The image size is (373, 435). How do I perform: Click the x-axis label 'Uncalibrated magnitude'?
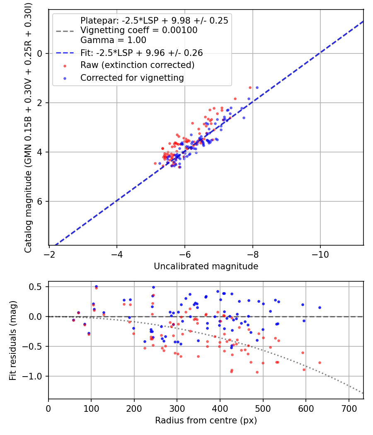click(x=206, y=266)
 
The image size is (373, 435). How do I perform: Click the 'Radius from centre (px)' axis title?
click(x=206, y=420)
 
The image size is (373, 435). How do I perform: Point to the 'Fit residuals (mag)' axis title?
click(x=12, y=341)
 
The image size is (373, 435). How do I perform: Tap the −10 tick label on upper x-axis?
click(x=320, y=254)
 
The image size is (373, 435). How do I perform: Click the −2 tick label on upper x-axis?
click(x=49, y=254)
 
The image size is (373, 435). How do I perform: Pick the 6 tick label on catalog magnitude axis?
click(x=39, y=201)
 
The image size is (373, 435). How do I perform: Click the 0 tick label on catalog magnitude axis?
click(x=39, y=53)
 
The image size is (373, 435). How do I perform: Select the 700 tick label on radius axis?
click(x=349, y=408)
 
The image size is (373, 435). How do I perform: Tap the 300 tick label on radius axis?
click(x=177, y=408)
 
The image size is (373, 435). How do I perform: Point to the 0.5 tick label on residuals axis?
click(x=35, y=287)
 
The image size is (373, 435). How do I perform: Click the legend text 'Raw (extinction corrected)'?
click(x=137, y=65)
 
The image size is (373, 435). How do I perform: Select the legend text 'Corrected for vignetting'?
click(x=132, y=78)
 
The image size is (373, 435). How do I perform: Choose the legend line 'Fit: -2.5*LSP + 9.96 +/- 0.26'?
click(x=65, y=53)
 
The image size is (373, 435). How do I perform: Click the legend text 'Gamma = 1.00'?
click(x=113, y=40)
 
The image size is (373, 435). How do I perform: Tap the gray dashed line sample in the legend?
click(x=65, y=31)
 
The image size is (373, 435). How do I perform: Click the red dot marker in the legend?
click(x=65, y=66)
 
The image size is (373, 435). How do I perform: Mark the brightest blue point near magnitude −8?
click(x=257, y=88)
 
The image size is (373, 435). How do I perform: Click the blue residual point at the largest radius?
click(x=320, y=307)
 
